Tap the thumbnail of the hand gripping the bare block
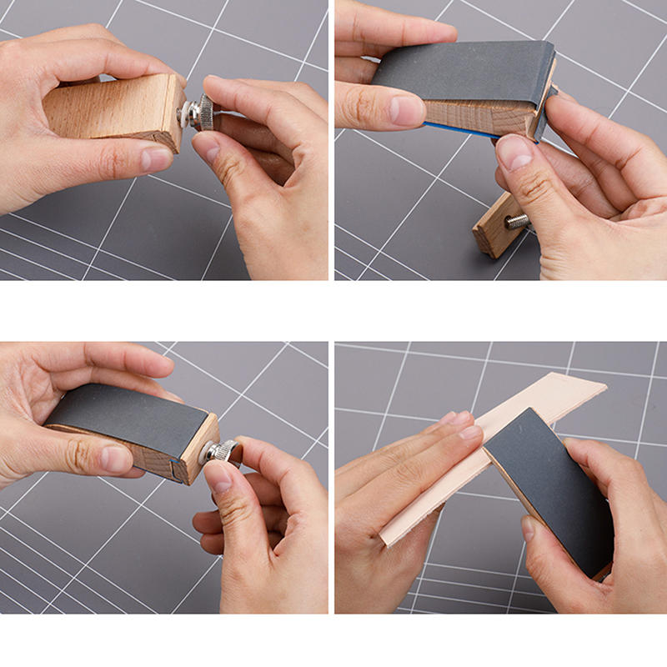pos(155,158)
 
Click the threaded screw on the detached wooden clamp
pos(518,221)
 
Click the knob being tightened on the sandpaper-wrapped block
pos(223,452)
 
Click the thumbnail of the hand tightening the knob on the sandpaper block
pos(218,477)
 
